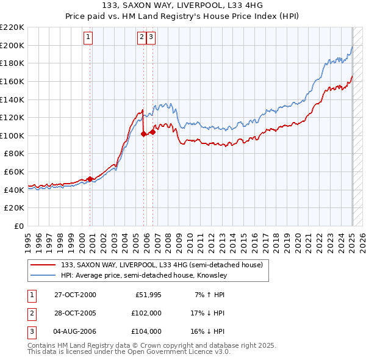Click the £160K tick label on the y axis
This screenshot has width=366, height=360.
coord(12,81)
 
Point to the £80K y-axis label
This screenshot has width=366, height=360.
coord(14,154)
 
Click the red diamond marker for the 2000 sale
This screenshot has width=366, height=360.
coord(90,179)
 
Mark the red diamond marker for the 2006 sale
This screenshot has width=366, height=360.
coord(152,132)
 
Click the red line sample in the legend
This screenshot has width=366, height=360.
coord(41,265)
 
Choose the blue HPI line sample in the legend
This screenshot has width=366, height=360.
coord(41,276)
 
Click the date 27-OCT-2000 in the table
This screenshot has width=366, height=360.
coord(75,295)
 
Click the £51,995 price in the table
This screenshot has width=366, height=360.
coord(148,295)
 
